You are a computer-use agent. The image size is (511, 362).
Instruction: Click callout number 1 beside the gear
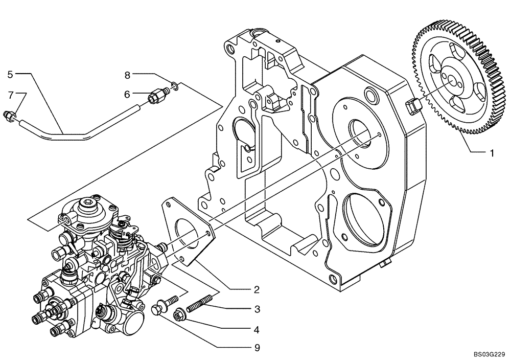492,153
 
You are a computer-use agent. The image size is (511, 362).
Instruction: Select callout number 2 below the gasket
257,289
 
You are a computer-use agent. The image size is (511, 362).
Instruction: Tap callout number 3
257,309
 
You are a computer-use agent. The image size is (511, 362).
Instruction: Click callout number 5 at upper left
10,74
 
